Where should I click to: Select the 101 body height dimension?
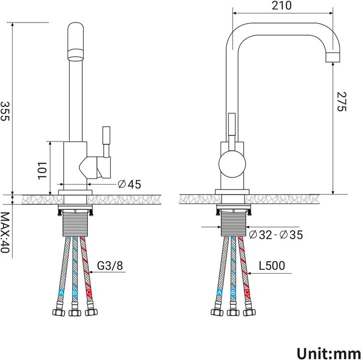point(42,170)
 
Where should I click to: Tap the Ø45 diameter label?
point(129,184)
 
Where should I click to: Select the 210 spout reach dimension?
point(283,7)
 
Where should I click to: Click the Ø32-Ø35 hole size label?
point(275,234)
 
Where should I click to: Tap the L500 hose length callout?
point(273,265)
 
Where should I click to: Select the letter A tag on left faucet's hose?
point(61,292)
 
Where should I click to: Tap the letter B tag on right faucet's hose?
point(233,292)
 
